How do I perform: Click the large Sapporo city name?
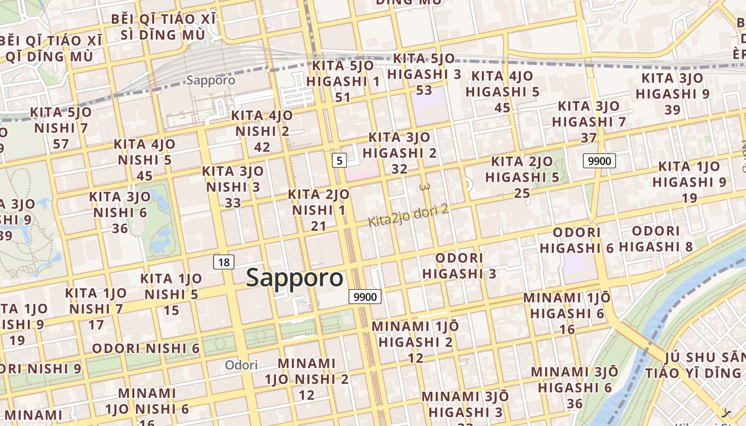[x=295, y=278]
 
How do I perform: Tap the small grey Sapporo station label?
[x=211, y=80]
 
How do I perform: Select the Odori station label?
[x=241, y=365]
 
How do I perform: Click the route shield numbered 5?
[x=339, y=160]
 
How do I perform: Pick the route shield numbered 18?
[x=224, y=262]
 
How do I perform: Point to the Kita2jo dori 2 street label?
[x=409, y=214]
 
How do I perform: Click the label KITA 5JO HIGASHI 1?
[x=343, y=74]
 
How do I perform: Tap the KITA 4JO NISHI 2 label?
[x=262, y=124]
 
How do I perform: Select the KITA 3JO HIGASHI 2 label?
[x=399, y=145]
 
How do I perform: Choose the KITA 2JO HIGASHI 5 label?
[x=522, y=169]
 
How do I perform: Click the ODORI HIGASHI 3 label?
[x=459, y=266]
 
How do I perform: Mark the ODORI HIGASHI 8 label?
[x=656, y=239]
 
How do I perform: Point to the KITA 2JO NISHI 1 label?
[x=319, y=202]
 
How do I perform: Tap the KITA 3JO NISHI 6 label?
[x=120, y=204]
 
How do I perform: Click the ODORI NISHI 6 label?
[x=146, y=349]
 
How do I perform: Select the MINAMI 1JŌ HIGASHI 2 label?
[x=416, y=334]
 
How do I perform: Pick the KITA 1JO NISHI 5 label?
[x=171, y=286]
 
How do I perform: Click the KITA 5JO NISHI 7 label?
[x=61, y=120]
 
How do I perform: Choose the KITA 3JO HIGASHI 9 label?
[x=672, y=86]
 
